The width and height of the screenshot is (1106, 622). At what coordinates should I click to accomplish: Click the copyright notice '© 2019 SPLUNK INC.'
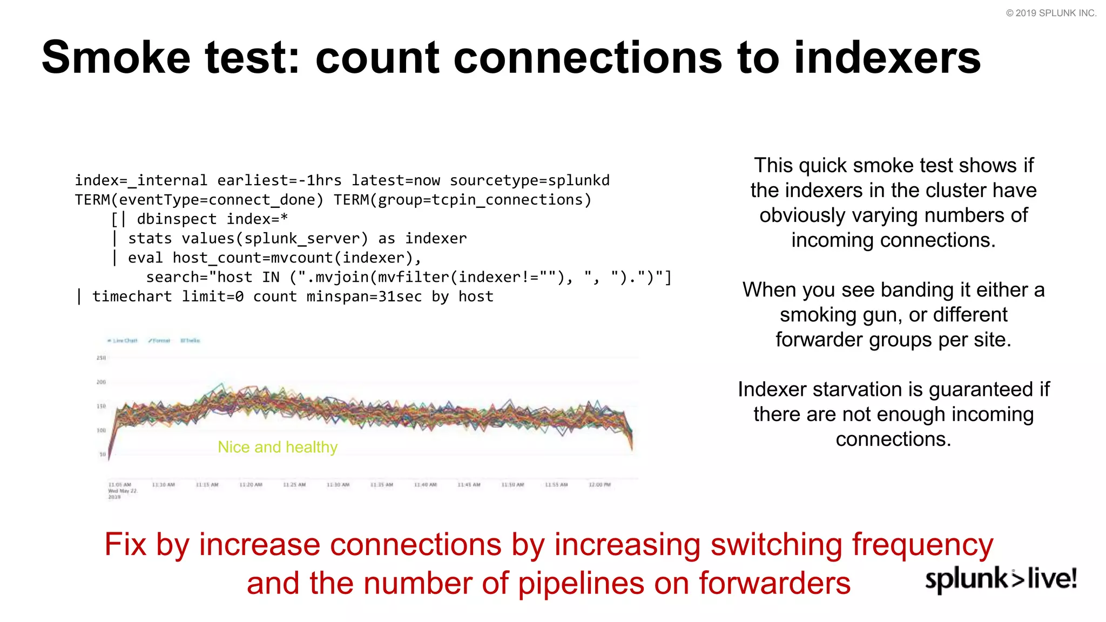click(1051, 13)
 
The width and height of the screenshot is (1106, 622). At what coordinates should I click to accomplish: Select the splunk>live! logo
click(1001, 579)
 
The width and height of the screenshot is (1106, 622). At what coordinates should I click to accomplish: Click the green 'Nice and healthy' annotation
click(278, 447)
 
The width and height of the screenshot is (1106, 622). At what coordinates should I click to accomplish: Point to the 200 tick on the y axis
click(101, 382)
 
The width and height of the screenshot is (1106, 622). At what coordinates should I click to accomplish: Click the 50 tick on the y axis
click(103, 454)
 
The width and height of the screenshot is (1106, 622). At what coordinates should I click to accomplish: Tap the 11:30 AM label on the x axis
click(338, 485)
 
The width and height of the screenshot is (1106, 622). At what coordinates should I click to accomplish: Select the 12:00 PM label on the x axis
click(600, 485)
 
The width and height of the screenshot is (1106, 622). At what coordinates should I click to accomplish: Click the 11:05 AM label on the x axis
click(120, 485)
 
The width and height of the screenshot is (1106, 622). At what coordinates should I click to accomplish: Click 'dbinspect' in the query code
click(177, 219)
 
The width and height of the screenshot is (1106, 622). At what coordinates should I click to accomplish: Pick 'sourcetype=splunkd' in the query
click(529, 180)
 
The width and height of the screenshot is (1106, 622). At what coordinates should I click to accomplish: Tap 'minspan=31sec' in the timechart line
click(364, 296)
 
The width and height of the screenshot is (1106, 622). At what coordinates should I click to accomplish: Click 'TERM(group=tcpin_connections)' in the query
click(462, 200)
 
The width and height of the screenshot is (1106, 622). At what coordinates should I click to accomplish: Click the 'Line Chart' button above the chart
click(123, 341)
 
